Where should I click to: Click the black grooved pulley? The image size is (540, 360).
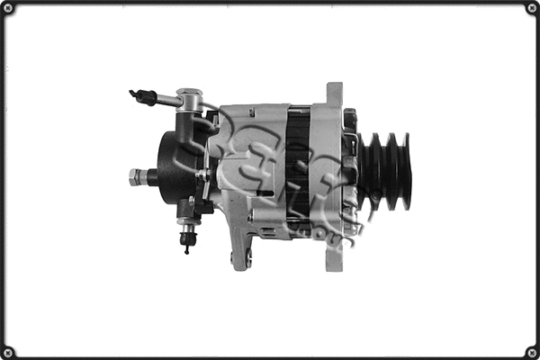coord(386,171)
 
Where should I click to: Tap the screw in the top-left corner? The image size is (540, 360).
coord(9,9)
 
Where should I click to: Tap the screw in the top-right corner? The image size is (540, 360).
coord(531,9)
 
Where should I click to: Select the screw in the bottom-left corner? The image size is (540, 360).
coord(9,351)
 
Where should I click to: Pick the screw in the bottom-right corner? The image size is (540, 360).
coord(531,351)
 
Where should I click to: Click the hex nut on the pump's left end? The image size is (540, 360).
coord(136,176)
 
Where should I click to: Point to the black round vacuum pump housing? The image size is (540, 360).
coord(175,166)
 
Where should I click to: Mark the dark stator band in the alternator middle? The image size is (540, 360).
coord(298,166)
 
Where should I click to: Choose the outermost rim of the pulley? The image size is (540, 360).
coord(406,171)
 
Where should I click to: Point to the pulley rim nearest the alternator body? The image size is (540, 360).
coord(367,171)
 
